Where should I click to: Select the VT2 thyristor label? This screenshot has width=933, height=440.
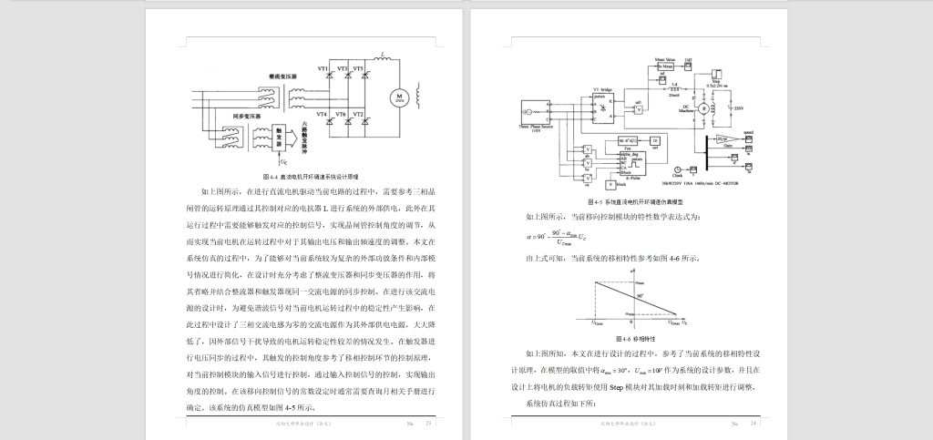coord(359,114)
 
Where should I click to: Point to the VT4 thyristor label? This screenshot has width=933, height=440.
coord(323,114)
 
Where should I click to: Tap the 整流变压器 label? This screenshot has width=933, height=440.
coord(283,75)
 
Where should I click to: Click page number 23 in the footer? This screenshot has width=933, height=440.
coord(428,424)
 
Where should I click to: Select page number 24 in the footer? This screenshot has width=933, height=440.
coord(754,424)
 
